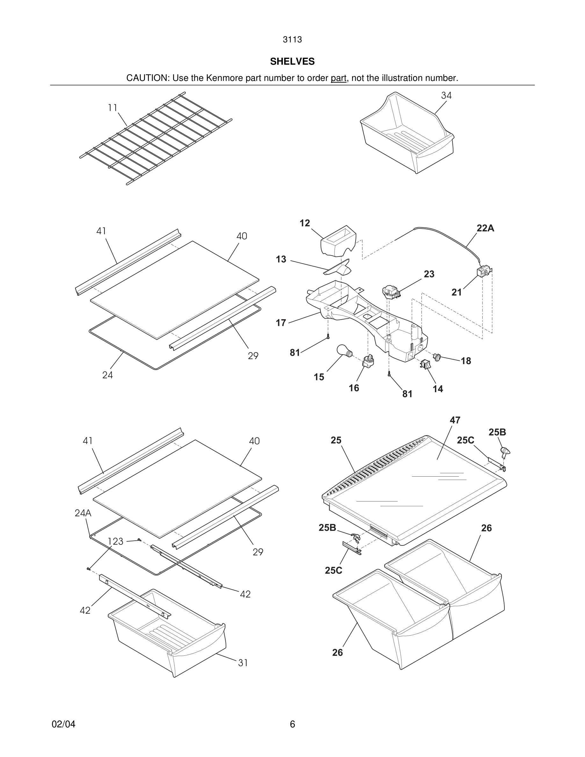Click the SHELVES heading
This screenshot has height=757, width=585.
[292, 61]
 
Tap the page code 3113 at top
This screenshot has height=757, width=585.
[292, 40]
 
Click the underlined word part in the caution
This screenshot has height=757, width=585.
[338, 78]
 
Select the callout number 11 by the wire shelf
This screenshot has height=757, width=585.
[112, 108]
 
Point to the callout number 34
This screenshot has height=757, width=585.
[446, 95]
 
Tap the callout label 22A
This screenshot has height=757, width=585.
[485, 228]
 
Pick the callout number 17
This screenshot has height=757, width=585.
[281, 323]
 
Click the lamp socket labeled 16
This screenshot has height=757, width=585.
[368, 362]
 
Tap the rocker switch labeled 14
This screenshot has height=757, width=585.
[425, 364]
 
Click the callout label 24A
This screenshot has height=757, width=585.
[83, 513]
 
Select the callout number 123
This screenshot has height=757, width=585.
[115, 541]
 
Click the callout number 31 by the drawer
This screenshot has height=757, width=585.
[243, 663]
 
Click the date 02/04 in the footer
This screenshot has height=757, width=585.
[63, 724]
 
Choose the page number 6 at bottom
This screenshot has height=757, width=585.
[292, 724]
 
